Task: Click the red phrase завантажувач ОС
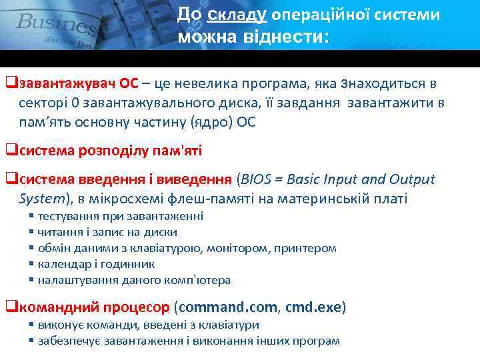pyautogui.click(x=79, y=84)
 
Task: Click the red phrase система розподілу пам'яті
pyautogui.click(x=110, y=151)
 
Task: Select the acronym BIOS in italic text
pyautogui.click(x=255, y=179)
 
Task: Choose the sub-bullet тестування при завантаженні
pyautogui.click(x=120, y=217)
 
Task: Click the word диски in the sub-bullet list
pyautogui.click(x=163, y=232)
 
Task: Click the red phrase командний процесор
pyautogui.click(x=94, y=307)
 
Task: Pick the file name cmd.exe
pyautogui.click(x=313, y=307)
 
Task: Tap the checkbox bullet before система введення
pyautogui.click(x=11, y=179)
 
